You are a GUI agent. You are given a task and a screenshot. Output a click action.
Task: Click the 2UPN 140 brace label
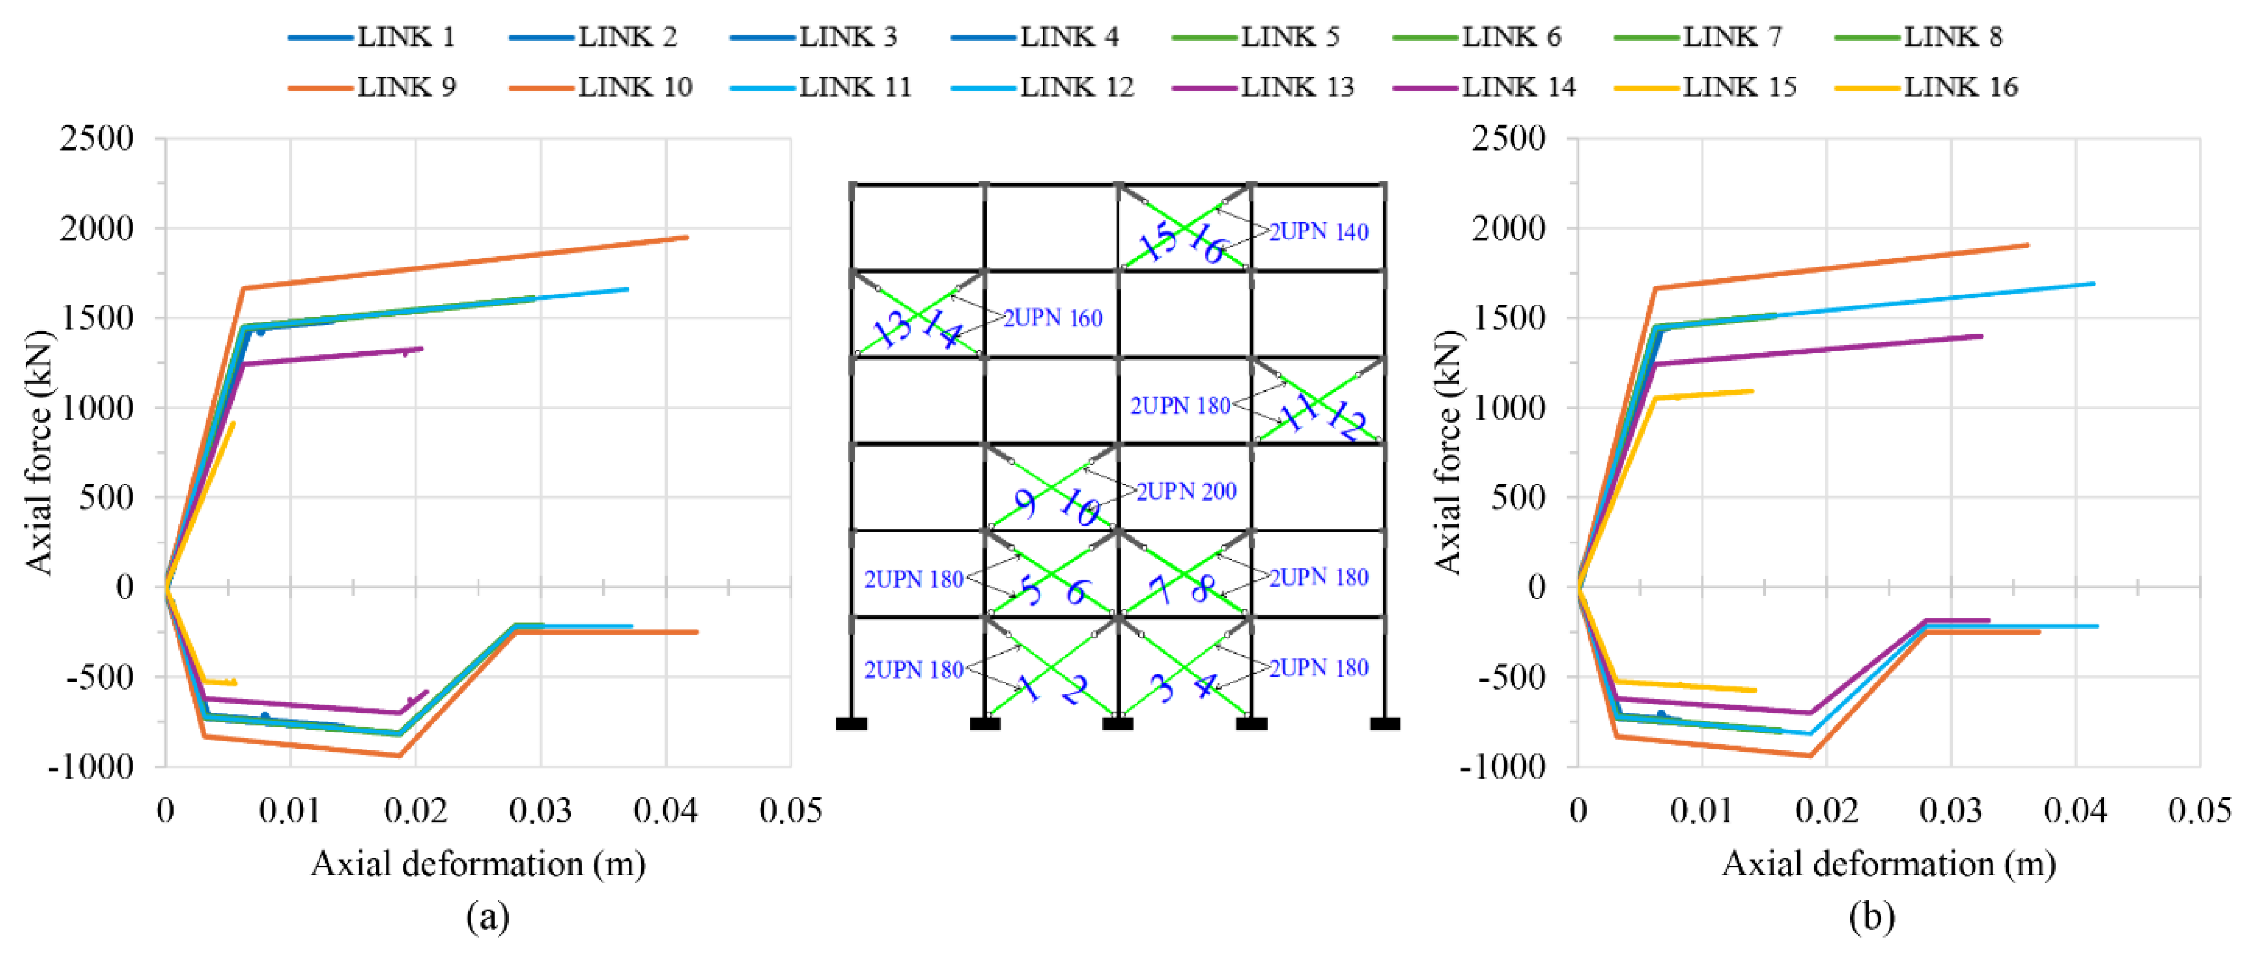tap(1318, 232)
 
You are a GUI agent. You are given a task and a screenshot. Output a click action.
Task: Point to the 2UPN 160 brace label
tap(1053, 318)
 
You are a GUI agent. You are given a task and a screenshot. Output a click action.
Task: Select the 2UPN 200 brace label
tap(1186, 492)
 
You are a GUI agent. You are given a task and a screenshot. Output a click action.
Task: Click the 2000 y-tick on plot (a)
tap(97, 228)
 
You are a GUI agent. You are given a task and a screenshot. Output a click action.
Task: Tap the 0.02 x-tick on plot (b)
tap(1826, 811)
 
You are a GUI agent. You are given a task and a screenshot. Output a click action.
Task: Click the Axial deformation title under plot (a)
tap(478, 864)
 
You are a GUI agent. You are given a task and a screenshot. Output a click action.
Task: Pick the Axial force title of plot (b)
tap(1446, 453)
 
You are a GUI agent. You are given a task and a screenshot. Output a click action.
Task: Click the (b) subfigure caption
tap(1871, 917)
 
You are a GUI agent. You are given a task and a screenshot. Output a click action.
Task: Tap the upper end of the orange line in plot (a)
tap(686, 238)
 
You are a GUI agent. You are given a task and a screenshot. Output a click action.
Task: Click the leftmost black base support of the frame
tap(851, 724)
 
